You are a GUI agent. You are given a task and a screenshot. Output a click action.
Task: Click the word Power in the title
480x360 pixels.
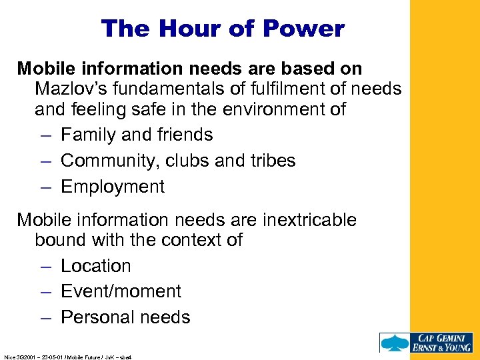pyautogui.click(x=304, y=29)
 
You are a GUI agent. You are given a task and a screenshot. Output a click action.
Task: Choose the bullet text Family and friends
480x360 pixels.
pyautogui.click(x=137, y=135)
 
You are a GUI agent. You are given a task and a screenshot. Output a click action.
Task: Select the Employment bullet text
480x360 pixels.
pyautogui.click(x=113, y=187)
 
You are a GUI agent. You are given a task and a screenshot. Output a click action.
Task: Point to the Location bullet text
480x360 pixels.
pyautogui.click(x=96, y=266)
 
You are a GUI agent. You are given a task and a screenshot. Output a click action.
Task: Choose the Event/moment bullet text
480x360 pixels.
pyautogui.click(x=121, y=291)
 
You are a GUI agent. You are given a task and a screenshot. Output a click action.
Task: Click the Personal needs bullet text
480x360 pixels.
pyautogui.click(x=125, y=317)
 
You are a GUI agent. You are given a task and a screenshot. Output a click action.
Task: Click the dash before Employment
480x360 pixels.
pyautogui.click(x=44, y=187)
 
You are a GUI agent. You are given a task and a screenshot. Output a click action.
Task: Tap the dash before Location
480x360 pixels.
pyautogui.click(x=44, y=267)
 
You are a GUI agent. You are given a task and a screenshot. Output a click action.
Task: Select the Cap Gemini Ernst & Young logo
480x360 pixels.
pyautogui.click(x=426, y=343)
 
